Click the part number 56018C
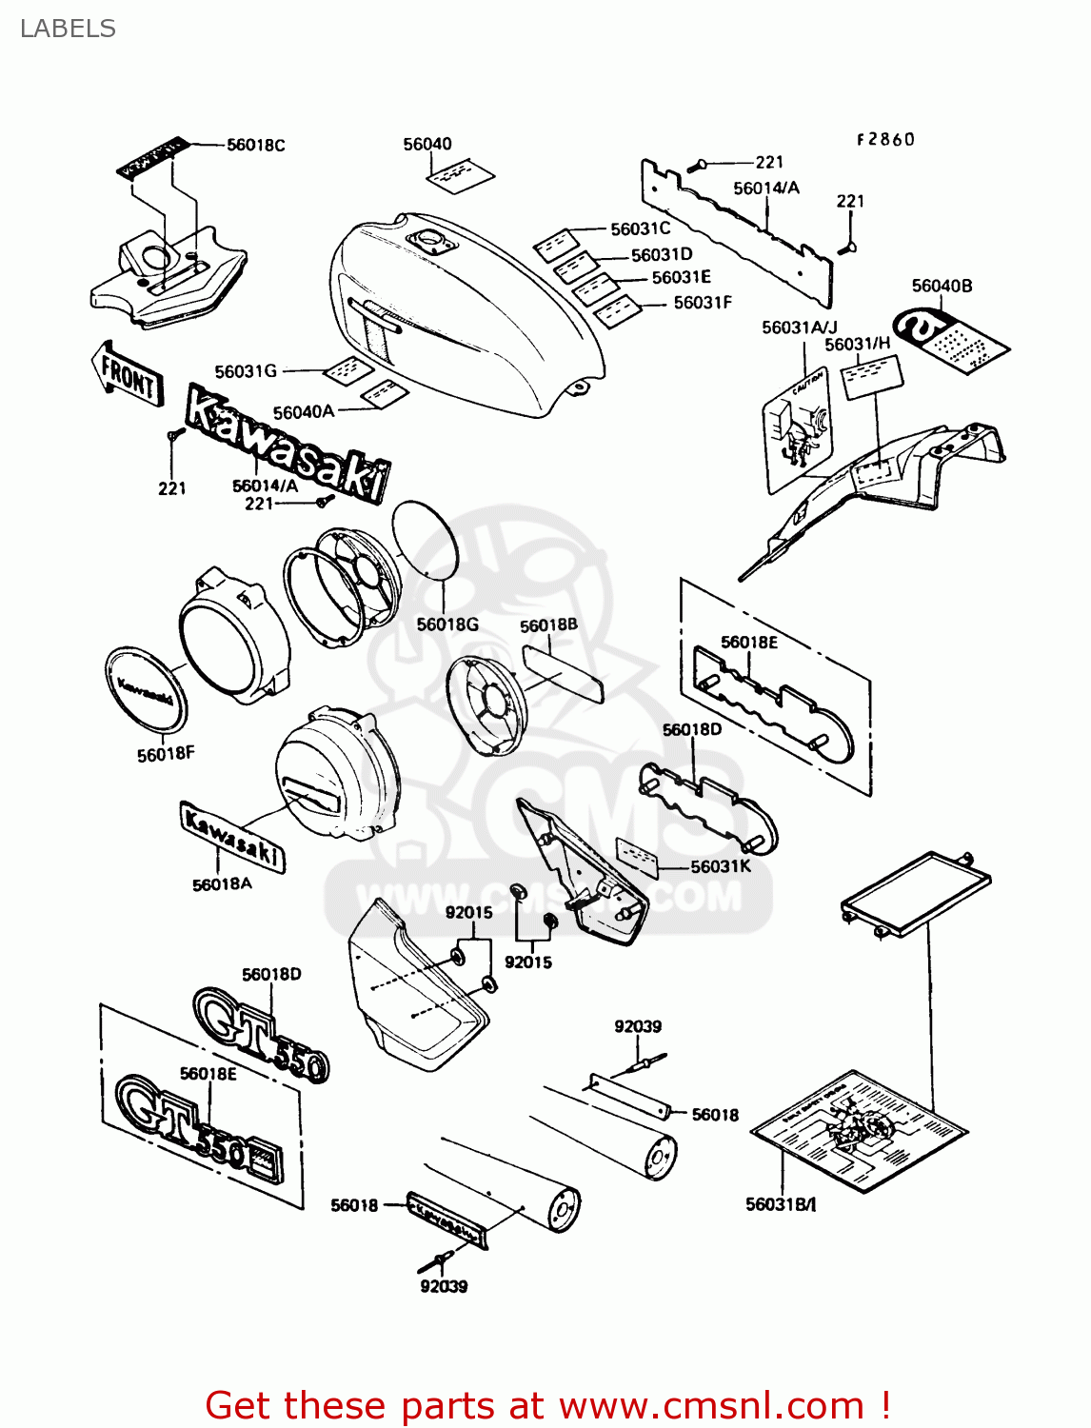[x=255, y=145]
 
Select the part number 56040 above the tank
[x=427, y=144]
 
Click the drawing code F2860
[x=885, y=139]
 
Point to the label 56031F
[x=703, y=303]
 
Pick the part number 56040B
[x=942, y=286]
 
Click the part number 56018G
[x=447, y=625]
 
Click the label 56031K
[x=721, y=866]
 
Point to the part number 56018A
[x=222, y=884]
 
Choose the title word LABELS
[x=68, y=29]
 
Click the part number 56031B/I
[x=781, y=1204]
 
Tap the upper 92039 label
[x=638, y=1026]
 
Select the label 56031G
[x=246, y=371]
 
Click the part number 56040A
[x=304, y=412]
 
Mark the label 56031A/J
[x=800, y=327]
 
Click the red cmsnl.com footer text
[x=547, y=1405]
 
